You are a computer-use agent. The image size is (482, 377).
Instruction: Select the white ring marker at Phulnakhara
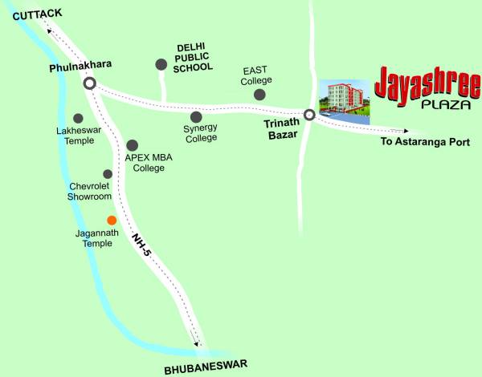[x=90, y=83]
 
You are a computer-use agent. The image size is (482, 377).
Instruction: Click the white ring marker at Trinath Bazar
[x=309, y=115]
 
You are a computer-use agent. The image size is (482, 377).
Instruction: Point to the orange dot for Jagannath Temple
[x=112, y=220]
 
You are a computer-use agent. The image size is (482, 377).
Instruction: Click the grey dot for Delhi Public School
[x=161, y=64]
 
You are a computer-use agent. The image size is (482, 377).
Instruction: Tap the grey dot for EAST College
[x=259, y=95]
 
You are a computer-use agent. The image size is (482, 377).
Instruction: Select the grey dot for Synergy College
[x=196, y=117]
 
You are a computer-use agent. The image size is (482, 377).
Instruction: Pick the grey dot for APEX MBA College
[x=133, y=145]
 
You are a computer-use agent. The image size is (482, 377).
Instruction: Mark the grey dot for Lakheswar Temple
[x=78, y=118]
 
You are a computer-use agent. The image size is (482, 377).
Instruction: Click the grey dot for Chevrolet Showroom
[x=108, y=174]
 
